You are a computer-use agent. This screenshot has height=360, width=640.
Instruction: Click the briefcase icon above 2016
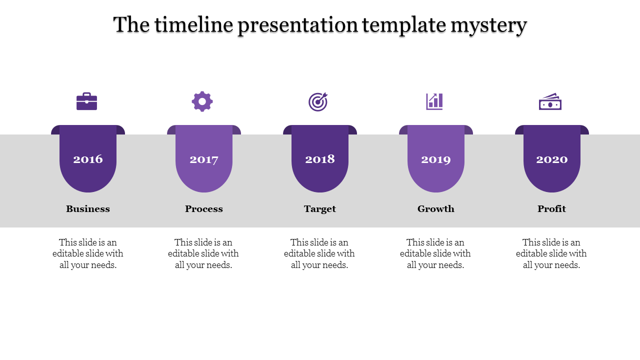86,101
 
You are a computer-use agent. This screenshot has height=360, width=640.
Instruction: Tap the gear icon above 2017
202,101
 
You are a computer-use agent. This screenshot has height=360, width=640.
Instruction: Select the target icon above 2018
318,101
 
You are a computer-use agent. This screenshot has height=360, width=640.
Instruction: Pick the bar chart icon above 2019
434,101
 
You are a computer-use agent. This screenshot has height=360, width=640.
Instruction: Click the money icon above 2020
550,102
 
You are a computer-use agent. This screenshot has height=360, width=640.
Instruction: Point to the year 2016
88,159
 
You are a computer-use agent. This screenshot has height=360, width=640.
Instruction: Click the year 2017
204,159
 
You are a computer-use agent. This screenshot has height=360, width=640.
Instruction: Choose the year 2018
320,159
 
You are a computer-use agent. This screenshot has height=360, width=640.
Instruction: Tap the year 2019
436,159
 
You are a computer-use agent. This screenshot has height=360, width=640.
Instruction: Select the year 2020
552,159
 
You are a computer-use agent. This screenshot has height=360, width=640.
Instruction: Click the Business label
88,209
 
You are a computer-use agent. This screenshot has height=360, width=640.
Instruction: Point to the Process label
204,209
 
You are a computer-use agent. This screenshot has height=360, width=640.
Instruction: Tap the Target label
320,209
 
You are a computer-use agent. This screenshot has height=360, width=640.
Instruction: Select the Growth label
436,209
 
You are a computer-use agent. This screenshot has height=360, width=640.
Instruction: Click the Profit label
552,209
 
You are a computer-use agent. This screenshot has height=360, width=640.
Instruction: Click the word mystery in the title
488,25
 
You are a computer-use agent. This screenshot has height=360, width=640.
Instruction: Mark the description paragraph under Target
319,254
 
